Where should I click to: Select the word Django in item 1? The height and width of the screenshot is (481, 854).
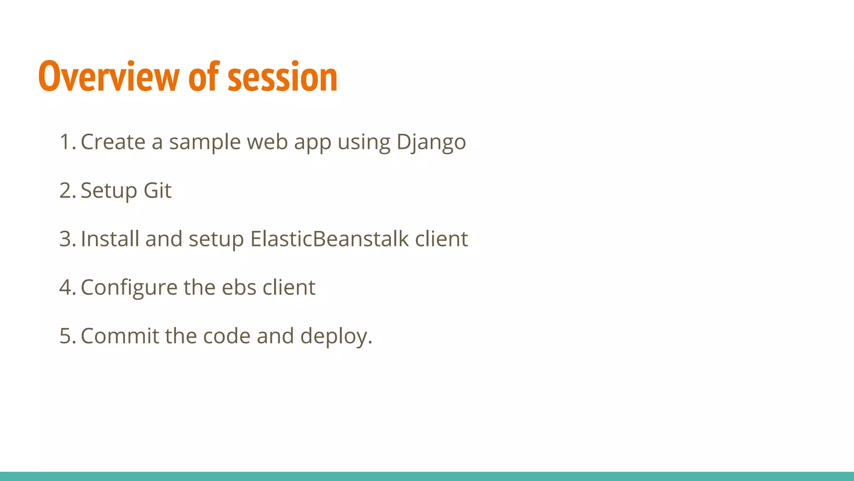(x=431, y=143)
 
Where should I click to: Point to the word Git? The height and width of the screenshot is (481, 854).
(x=157, y=191)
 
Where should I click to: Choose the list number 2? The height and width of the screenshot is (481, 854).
(x=67, y=191)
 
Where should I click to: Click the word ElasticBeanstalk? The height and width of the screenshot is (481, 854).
(x=329, y=239)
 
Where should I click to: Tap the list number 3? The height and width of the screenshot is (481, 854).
(x=67, y=239)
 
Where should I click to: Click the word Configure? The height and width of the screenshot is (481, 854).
(x=129, y=288)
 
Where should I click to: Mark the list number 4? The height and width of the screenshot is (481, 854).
(x=67, y=288)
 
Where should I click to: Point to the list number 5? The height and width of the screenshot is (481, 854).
(x=67, y=336)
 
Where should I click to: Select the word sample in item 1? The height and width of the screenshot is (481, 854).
(x=205, y=143)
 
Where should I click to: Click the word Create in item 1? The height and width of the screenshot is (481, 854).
(x=113, y=142)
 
